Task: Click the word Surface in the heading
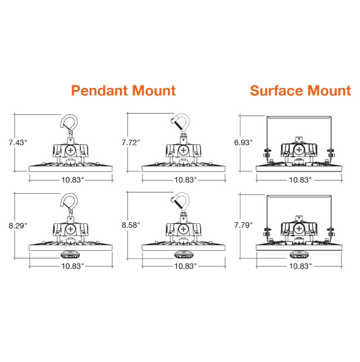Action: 277,90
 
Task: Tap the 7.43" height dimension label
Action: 18,142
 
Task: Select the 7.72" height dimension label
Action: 131,142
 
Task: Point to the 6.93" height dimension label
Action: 243,142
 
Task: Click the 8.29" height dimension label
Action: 18,225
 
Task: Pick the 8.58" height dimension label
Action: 131,225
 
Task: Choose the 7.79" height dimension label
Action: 243,225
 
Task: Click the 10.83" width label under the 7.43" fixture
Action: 72,180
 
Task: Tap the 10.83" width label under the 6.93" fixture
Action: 300,180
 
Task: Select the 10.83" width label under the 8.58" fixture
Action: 185,266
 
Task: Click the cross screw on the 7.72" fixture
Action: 183,150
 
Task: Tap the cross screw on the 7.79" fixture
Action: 299,229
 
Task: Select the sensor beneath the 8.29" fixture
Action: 70,255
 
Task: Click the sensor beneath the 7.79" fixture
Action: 299,255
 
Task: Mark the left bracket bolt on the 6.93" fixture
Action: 267,153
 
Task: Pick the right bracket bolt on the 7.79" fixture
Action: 331,232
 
